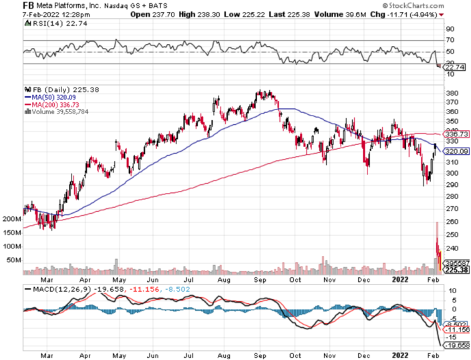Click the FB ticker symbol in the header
point(11,5)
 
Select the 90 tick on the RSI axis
point(450,29)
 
